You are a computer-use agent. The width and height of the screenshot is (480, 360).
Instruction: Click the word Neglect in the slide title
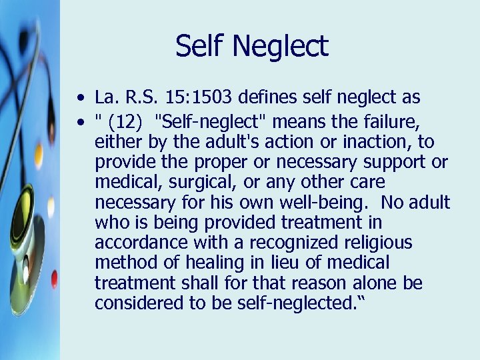[x=291, y=47]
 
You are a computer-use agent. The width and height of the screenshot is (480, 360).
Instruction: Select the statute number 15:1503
[x=208, y=98]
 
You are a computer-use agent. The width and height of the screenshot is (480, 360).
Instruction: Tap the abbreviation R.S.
[x=141, y=98]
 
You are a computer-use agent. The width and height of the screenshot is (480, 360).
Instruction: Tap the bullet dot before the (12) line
[x=80, y=121]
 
